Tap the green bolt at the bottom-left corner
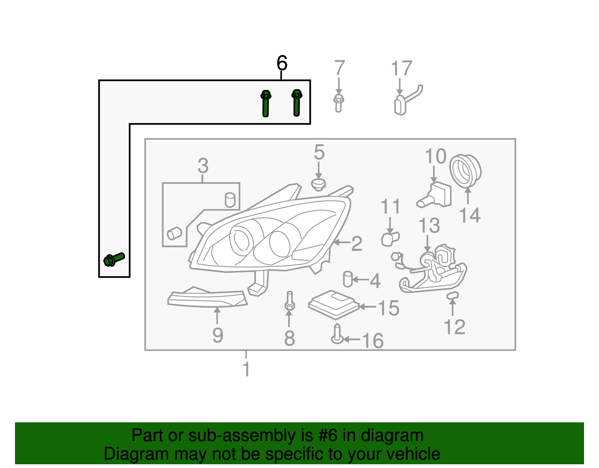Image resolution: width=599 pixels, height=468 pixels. tap(114, 260)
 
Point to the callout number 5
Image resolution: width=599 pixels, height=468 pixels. tap(319, 152)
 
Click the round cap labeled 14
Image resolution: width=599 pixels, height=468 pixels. tap(465, 171)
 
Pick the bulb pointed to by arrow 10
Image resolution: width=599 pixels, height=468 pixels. tap(434, 195)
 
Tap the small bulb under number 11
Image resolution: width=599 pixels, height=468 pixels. tap(390, 239)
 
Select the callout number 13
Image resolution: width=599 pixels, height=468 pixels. tap(429, 225)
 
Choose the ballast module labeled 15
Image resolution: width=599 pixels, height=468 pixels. tap(334, 305)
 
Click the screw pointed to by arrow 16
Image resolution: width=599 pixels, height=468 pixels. tap(337, 334)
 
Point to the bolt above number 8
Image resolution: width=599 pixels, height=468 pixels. tap(289, 301)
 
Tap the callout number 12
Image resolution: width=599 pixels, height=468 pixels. tap(454, 327)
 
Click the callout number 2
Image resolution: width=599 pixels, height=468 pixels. tap(357, 244)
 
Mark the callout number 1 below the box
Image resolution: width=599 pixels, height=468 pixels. tap(246, 369)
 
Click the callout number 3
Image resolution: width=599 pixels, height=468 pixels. tap(203, 166)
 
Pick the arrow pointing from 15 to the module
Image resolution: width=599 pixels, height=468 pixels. tap(368, 307)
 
